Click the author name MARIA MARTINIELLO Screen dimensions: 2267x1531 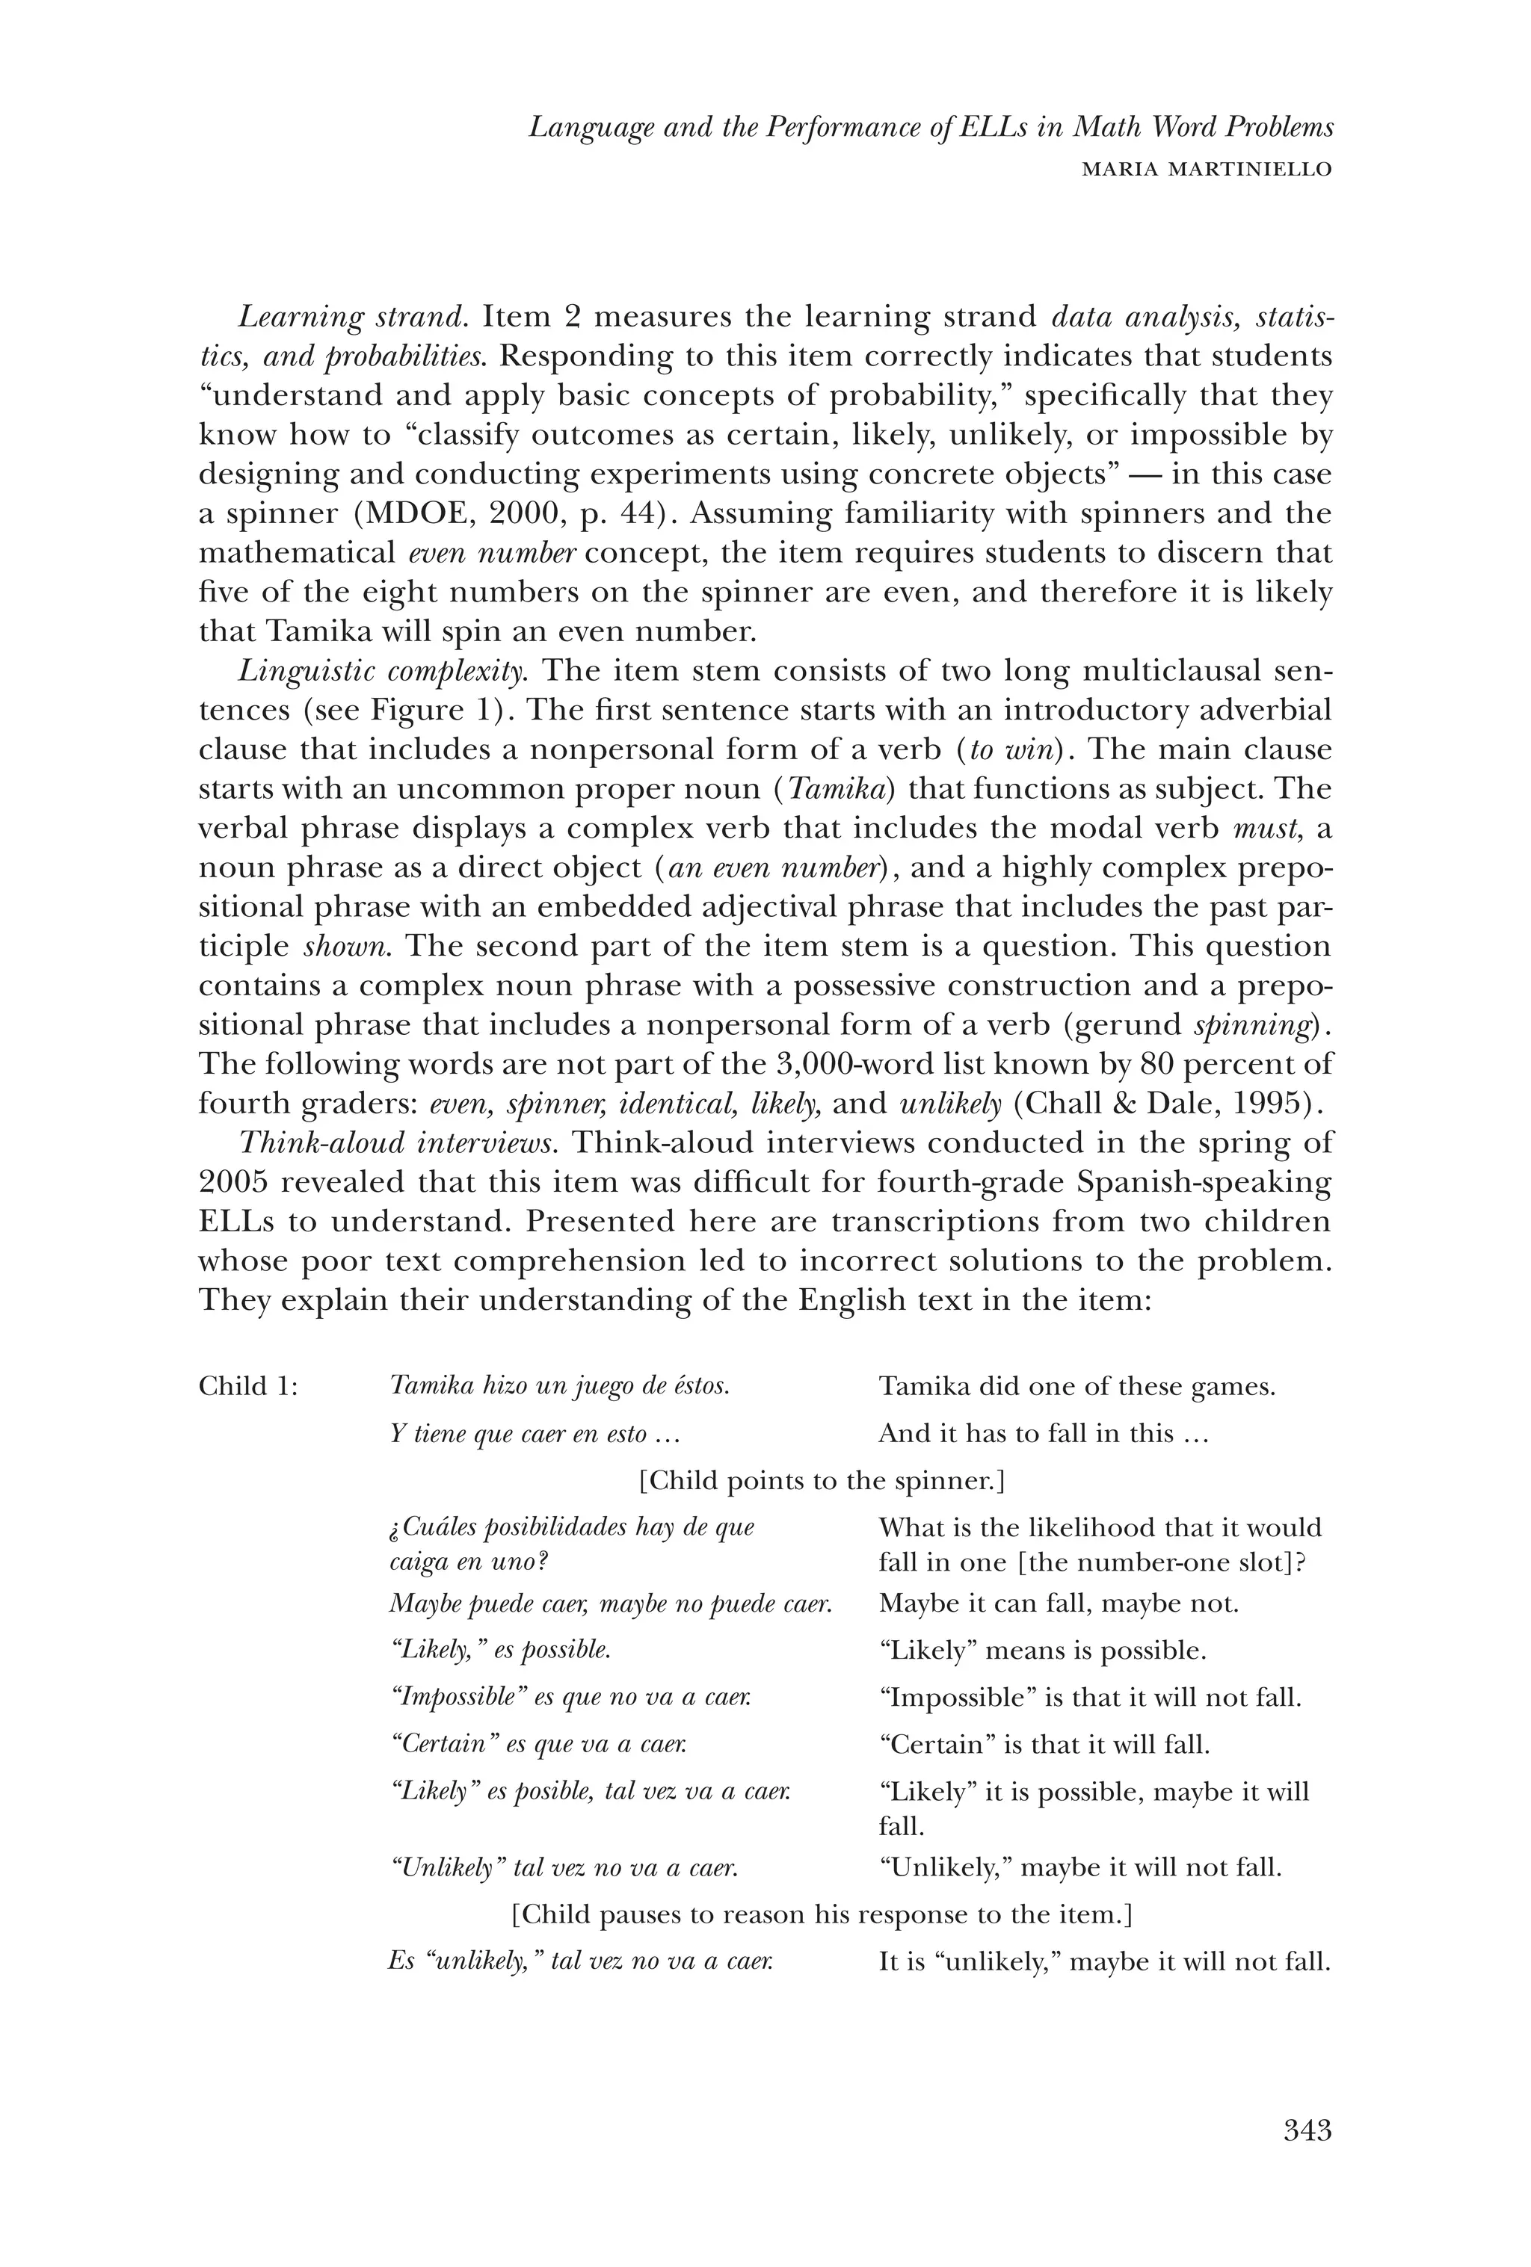[1207, 169]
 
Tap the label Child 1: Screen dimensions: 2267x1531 [248, 1386]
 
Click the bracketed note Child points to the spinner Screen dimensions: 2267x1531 [822, 1481]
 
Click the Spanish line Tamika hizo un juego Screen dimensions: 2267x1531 [559, 1386]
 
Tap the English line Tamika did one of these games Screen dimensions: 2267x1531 [1076, 1386]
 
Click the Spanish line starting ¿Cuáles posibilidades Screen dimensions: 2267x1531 [572, 1527]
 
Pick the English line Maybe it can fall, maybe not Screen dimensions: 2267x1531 [1058, 1603]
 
